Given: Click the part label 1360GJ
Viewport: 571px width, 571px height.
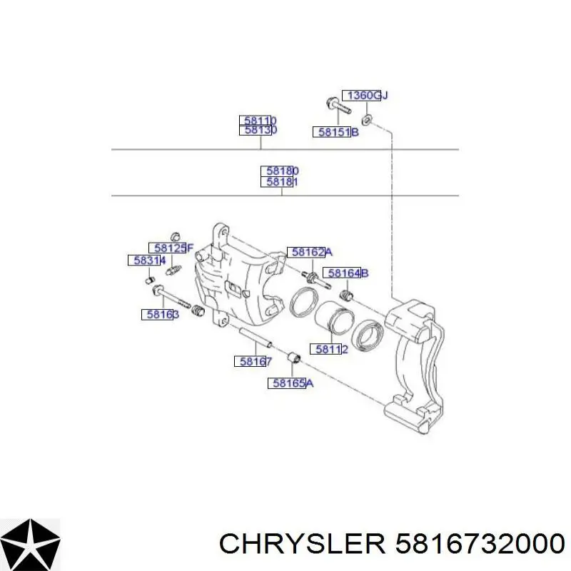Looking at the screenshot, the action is [365, 96].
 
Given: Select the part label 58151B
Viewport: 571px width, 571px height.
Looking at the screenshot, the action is [335, 132].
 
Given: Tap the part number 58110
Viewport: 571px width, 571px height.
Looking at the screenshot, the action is [258, 121].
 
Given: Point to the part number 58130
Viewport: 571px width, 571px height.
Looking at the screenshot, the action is [258, 130].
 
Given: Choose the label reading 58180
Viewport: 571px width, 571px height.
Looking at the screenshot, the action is [280, 171].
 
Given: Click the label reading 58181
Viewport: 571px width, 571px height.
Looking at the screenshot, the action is [280, 181].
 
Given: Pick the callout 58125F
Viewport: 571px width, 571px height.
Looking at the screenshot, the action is [171, 248].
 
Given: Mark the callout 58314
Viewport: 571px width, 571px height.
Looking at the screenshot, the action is [147, 261].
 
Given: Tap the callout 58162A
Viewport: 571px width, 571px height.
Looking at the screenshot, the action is [310, 252].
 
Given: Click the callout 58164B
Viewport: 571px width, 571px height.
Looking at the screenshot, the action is [346, 273].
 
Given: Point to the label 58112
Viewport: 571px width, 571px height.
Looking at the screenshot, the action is [329, 349].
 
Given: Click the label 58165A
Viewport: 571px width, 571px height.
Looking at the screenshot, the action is [290, 383].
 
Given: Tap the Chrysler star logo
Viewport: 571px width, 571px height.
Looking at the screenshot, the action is [30, 545].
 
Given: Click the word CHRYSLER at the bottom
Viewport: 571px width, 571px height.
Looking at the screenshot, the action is [302, 545].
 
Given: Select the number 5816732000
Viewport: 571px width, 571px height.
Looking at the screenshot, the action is [480, 545].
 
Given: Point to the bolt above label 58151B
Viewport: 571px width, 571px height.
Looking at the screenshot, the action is [338, 105].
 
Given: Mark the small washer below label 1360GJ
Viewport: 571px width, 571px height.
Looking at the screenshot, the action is [366, 119].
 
